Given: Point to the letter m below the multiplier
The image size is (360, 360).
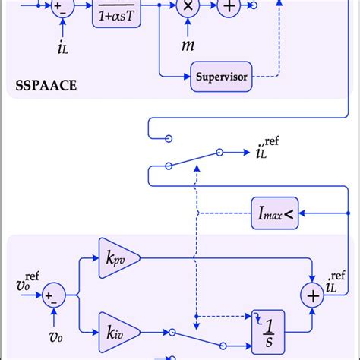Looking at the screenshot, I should pos(187,46).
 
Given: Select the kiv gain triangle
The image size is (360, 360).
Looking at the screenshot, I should pos(115,331).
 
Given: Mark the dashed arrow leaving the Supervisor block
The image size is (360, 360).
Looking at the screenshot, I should pos(266,77).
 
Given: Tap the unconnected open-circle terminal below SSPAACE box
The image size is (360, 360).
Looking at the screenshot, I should pos(169,138).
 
